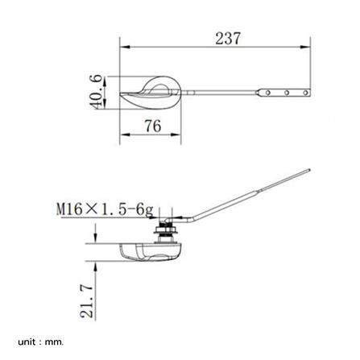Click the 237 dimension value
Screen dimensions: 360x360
click(228, 39)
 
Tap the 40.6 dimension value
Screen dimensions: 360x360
click(96, 92)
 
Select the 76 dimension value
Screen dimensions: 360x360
click(153, 126)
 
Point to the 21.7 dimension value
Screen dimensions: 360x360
click(87, 301)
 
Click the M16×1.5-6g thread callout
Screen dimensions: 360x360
click(105, 209)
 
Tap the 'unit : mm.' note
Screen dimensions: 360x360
click(41, 342)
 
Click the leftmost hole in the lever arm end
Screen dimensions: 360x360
click(268, 93)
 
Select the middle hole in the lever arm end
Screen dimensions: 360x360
click(287, 93)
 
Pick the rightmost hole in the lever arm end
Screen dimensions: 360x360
click(305, 93)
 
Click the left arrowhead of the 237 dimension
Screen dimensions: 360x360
click(125, 47)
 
